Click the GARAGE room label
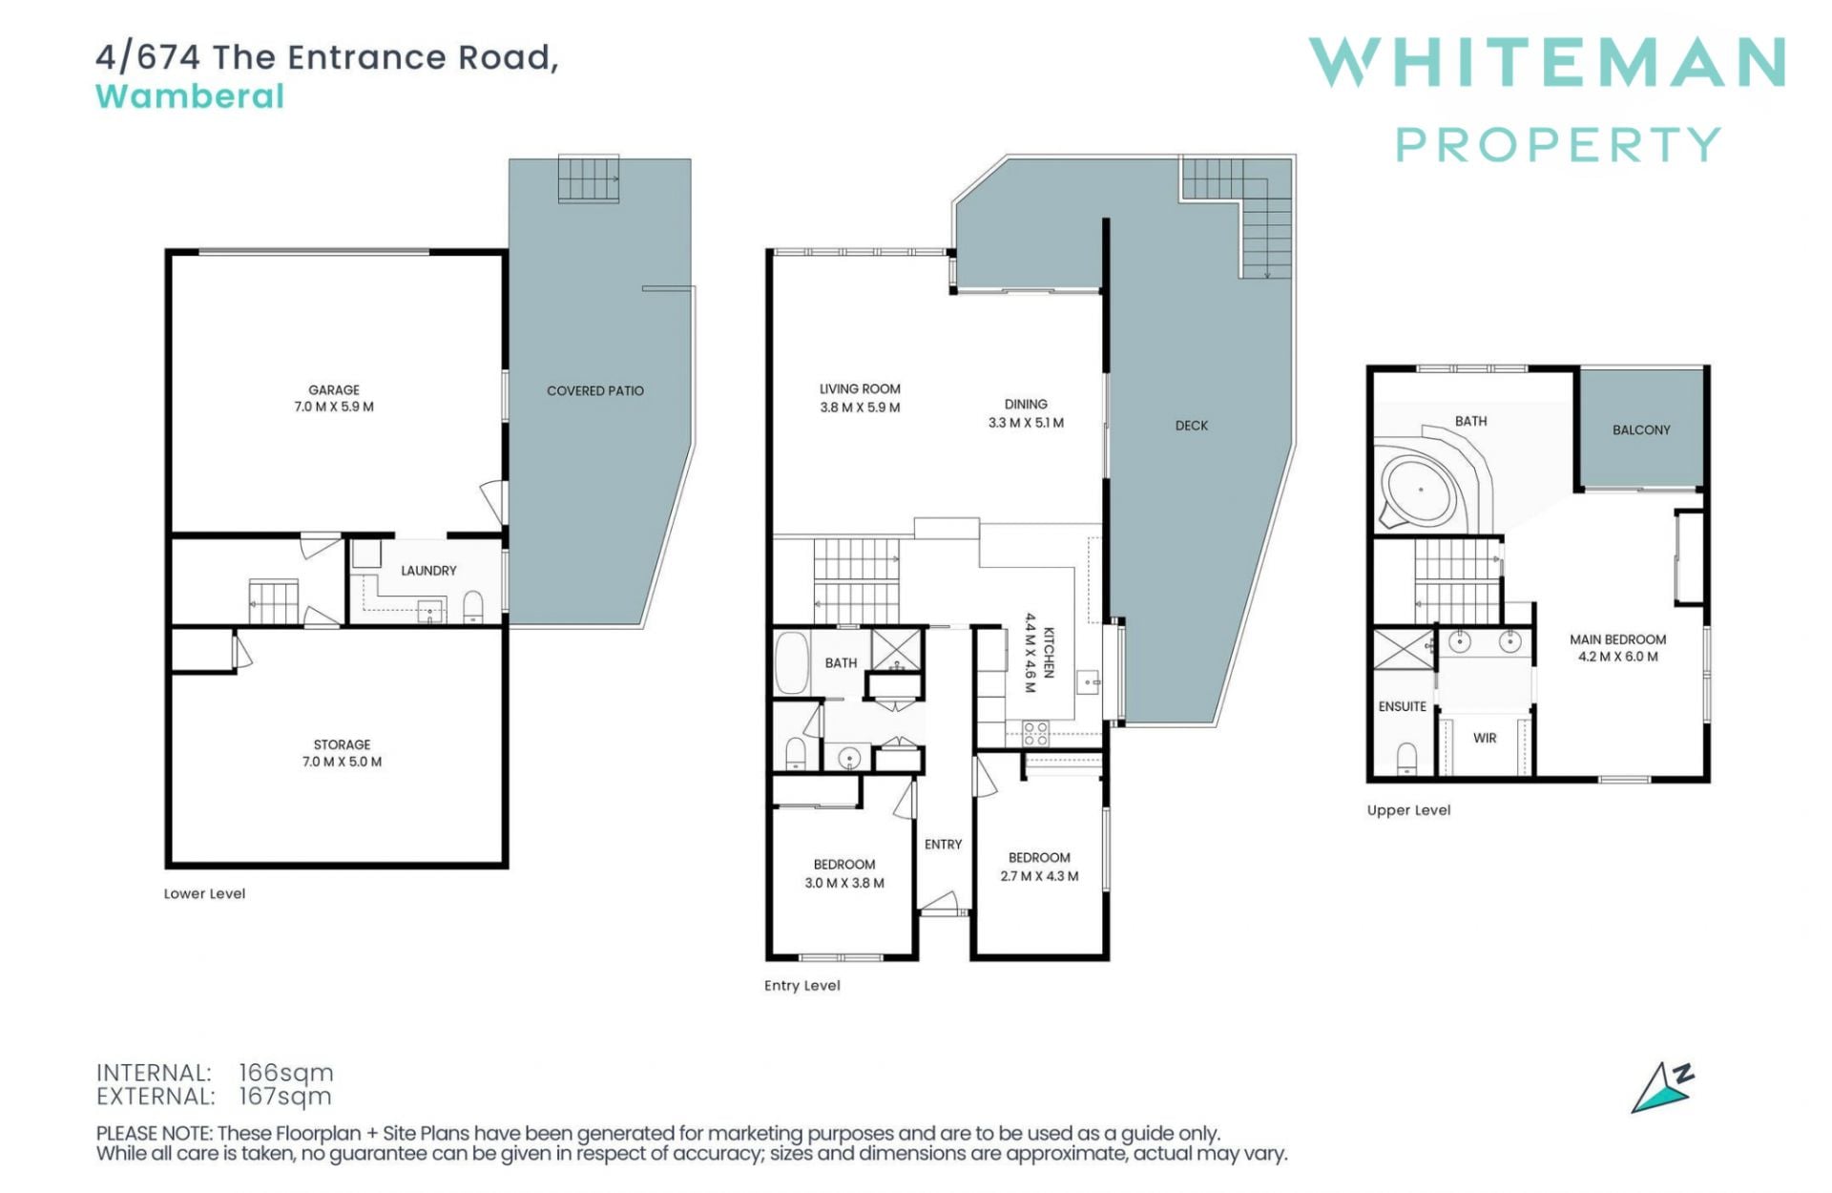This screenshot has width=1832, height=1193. point(334,390)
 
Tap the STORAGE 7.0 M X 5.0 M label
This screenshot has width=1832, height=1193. point(342,753)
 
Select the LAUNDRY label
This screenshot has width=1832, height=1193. point(428,571)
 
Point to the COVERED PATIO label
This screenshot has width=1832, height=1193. point(595,390)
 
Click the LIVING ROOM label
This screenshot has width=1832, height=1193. point(860,389)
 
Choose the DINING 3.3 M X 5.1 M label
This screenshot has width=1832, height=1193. point(1026,413)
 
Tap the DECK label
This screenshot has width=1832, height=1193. point(1192,426)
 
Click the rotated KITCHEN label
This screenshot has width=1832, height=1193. point(1049,652)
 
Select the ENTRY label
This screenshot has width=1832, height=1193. point(943,845)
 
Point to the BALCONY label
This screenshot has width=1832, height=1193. point(1641,430)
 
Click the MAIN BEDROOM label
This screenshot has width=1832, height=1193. point(1618,639)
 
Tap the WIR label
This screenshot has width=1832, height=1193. point(1485,738)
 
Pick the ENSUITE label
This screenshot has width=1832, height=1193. point(1403,706)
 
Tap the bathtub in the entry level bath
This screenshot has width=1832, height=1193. point(791,662)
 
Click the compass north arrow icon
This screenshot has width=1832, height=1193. point(1661,1088)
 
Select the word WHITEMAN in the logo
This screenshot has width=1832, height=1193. point(1547,62)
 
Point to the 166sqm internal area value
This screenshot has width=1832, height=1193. point(285,1074)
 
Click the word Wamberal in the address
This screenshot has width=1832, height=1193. point(190,96)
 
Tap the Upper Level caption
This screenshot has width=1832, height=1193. point(1408,810)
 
